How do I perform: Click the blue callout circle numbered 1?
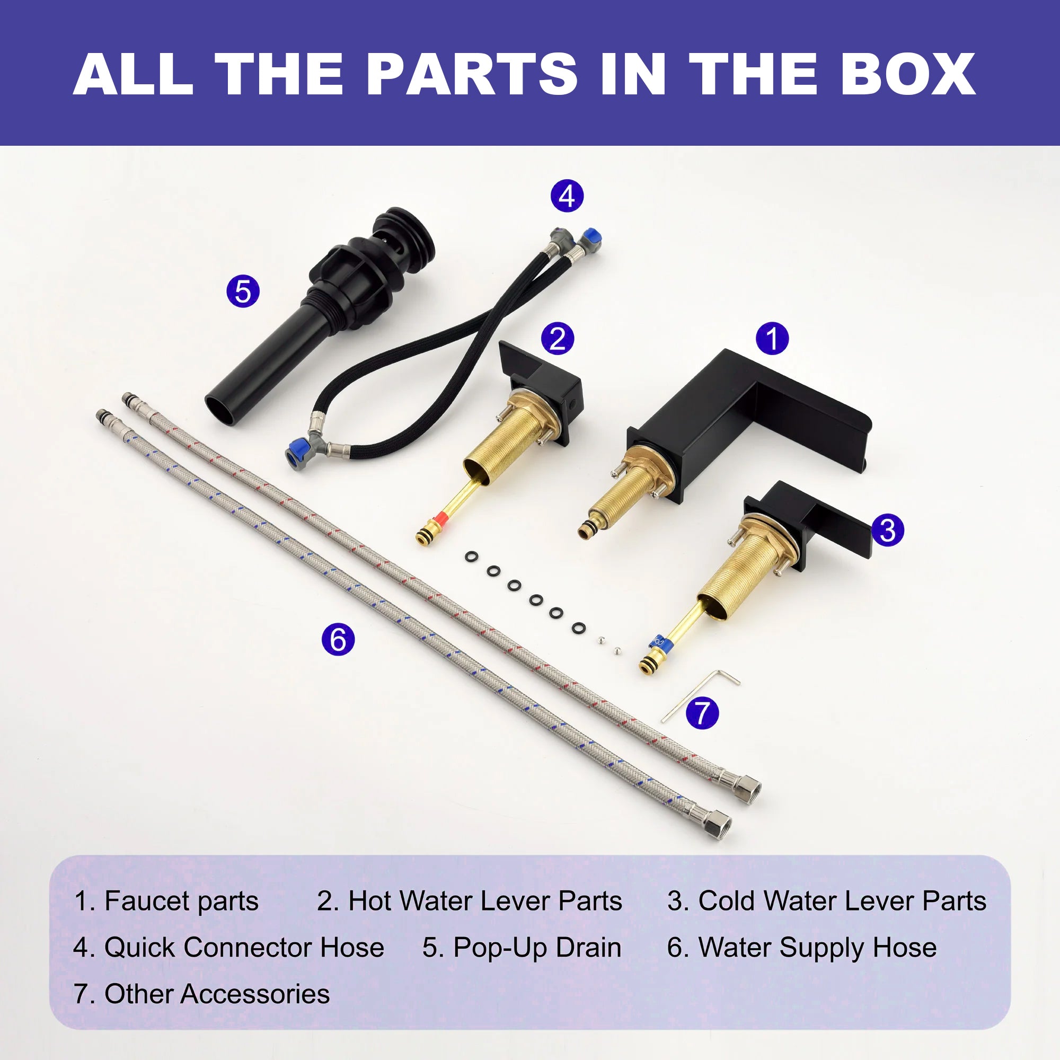pos(772,338)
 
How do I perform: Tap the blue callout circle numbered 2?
pos(558,338)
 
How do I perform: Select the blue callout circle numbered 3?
pos(887,531)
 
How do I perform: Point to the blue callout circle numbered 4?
pos(567,196)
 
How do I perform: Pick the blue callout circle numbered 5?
pos(243,291)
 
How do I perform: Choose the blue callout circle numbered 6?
pos(338,639)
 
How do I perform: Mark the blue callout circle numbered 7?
pos(702,713)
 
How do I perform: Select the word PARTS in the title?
pos(472,74)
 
